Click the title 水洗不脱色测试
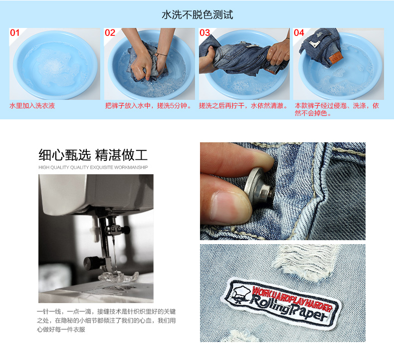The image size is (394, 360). [197, 14]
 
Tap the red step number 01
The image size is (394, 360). [14, 32]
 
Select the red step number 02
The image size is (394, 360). [110, 32]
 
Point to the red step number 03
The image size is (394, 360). [204, 32]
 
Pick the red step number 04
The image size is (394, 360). [299, 32]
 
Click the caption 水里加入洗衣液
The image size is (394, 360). [32, 106]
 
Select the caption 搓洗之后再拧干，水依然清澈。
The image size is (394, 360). [244, 106]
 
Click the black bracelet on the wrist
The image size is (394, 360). [162, 54]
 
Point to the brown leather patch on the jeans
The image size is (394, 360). [336, 57]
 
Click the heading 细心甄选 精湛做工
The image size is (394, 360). [93, 155]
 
